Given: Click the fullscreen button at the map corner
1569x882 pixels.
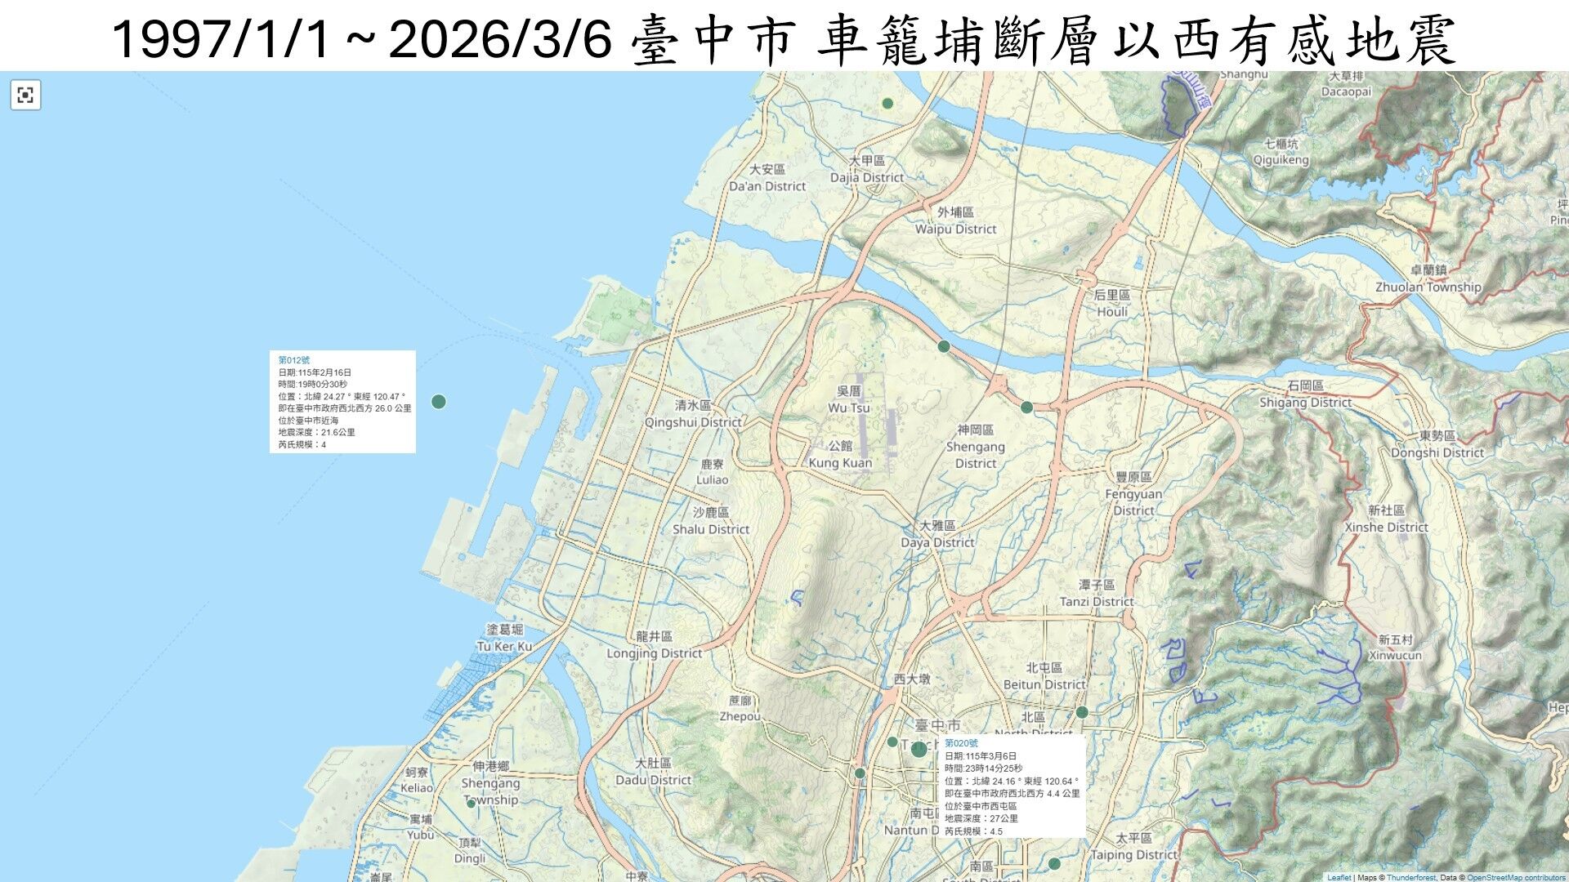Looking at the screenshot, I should pos(25,95).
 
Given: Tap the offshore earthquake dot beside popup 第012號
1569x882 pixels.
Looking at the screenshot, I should pos(439,402).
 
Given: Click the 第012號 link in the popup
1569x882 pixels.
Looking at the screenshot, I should pos(294,360).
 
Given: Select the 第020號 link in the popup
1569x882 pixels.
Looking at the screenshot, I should pos(961,743).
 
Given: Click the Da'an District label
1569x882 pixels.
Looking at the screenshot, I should pos(767,186).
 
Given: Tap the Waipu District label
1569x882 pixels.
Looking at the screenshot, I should pos(955,229).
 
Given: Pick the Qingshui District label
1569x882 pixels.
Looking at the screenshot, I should pos(693,422).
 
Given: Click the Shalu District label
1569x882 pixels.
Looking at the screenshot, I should pos(711,529).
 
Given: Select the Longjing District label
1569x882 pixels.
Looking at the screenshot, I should pos(654,653).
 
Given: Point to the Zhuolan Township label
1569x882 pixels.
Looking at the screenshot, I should pos(1428,287).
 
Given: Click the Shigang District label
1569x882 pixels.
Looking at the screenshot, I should pos(1305,403).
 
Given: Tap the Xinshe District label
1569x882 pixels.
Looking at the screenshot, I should pos(1387,528).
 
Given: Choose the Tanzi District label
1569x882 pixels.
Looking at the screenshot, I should pos(1097,602).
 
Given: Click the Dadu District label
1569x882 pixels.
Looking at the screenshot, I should pos(653,780).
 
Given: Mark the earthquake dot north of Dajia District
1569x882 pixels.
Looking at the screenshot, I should pos(887,104).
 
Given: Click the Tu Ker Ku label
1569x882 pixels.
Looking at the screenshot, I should pos(504,647).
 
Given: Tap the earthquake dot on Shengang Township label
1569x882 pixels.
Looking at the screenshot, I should pos(471,804).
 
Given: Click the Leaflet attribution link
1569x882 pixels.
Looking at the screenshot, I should pos(1339,878).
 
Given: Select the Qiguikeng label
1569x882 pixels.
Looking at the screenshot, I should pos(1281,160).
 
